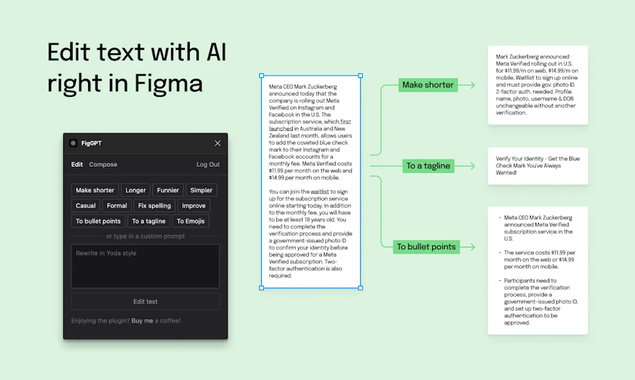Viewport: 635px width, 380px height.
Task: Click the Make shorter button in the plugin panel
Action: coord(95,190)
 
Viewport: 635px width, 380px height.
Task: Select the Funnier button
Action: coord(168,190)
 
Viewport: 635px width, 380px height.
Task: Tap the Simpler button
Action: coord(201,190)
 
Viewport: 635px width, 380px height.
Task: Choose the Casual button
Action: coord(86,206)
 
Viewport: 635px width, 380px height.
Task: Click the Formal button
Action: coord(117,206)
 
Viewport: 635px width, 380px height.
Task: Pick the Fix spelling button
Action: coord(154,206)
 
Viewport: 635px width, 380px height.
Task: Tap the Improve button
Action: coord(193,206)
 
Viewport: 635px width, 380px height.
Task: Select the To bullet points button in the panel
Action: coord(98,221)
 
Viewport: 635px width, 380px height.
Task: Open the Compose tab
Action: coord(103,165)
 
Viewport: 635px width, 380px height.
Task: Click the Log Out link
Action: coord(208,165)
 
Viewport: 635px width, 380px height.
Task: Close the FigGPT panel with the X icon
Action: coord(218,143)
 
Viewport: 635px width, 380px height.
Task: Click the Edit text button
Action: coord(145,302)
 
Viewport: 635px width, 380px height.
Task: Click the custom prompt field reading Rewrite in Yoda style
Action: coord(145,266)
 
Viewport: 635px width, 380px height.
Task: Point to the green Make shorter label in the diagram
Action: coord(428,85)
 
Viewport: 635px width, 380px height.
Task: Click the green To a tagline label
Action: coord(428,166)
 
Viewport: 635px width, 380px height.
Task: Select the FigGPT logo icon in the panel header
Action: coord(73,143)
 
